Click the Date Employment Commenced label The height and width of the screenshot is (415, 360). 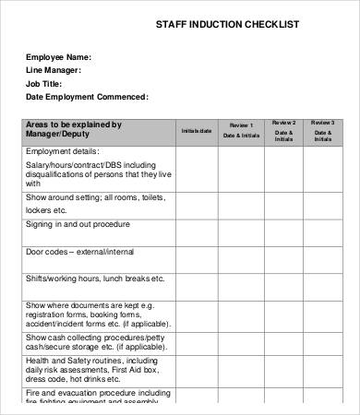coord(86,97)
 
